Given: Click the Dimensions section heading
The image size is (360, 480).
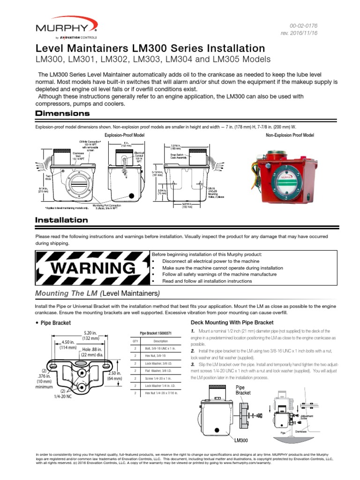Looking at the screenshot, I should coord(63,114).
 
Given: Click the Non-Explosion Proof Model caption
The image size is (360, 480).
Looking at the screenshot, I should coord(290,135).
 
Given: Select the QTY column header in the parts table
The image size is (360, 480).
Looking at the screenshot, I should coord(136,341).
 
